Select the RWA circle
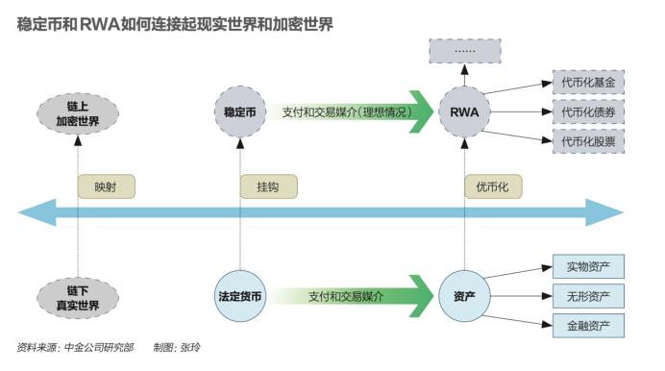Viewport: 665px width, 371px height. click(x=464, y=112)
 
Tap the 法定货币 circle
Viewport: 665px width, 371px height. click(x=239, y=297)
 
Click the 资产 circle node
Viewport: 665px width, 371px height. click(x=464, y=297)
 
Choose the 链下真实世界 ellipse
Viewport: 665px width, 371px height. click(x=78, y=297)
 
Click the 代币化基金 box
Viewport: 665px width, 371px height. click(x=588, y=83)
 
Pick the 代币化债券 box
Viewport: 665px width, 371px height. click(x=588, y=111)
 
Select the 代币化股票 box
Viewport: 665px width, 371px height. click(x=588, y=141)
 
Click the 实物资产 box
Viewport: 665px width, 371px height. click(x=588, y=265)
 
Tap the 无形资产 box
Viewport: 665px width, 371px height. click(x=588, y=295)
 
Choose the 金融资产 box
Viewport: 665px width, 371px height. click(x=588, y=325)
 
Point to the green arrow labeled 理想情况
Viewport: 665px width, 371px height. click(x=346, y=112)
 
